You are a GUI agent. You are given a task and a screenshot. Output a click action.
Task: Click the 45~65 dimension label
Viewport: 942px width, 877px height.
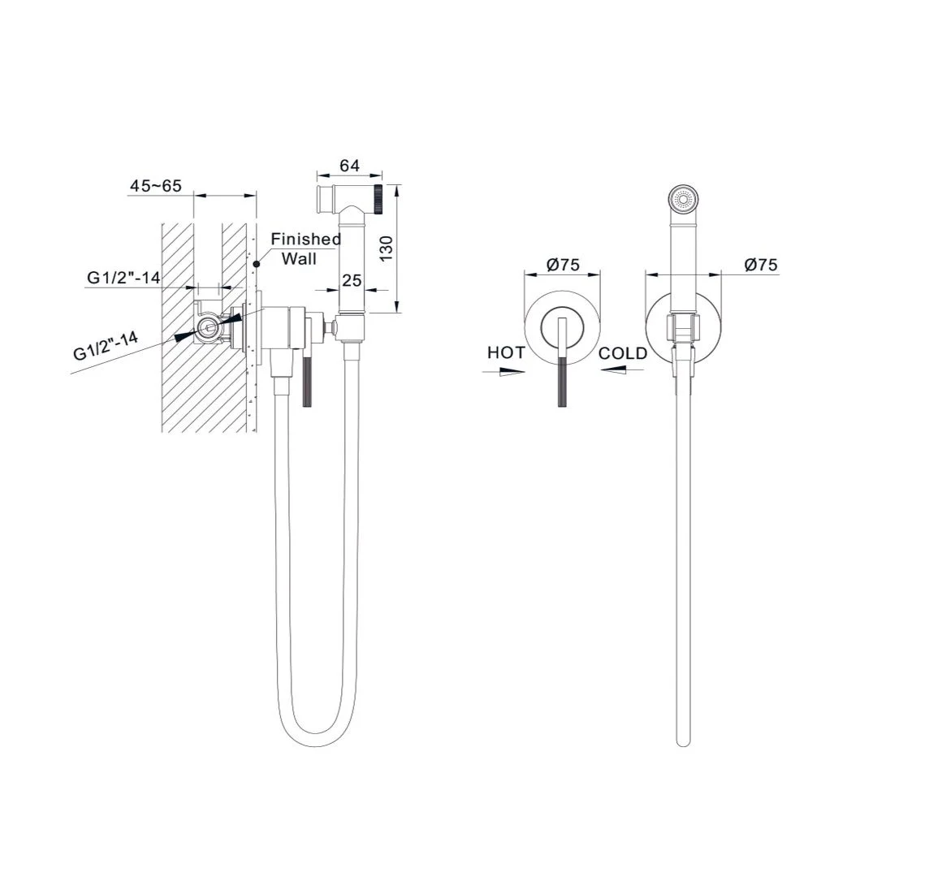(x=156, y=186)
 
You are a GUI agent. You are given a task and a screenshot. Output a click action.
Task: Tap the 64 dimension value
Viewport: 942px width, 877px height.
(x=350, y=165)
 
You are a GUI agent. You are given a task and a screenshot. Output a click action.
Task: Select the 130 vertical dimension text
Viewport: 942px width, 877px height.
(x=387, y=248)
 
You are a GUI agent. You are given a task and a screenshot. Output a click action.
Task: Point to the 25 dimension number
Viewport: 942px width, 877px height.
(x=352, y=280)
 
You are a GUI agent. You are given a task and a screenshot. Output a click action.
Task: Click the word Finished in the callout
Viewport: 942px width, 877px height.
(x=306, y=239)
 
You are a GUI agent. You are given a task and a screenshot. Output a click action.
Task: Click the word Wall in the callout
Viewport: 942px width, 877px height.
(x=299, y=259)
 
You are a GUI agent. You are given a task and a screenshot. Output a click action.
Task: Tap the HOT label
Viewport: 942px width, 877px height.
(x=506, y=352)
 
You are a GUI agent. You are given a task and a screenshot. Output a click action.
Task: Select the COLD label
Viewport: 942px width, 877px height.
(x=623, y=353)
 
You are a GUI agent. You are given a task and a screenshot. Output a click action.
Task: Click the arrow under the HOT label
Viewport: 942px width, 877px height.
(x=503, y=372)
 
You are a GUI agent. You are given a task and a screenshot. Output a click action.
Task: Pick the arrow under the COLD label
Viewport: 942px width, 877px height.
(x=622, y=370)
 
